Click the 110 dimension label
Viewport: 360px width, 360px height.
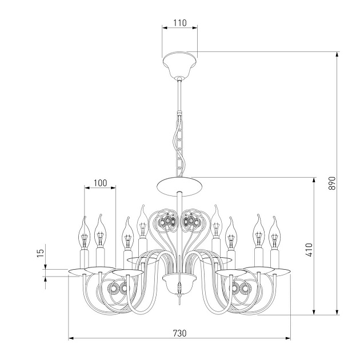click(x=180, y=23)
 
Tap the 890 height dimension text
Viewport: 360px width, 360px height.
click(x=332, y=183)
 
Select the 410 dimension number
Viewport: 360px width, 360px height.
click(x=309, y=250)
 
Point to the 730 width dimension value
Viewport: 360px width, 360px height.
click(x=180, y=333)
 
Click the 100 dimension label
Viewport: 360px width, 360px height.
click(x=101, y=183)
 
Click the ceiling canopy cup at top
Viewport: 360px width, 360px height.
click(x=180, y=65)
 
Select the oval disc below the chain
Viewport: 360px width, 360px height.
click(x=180, y=186)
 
